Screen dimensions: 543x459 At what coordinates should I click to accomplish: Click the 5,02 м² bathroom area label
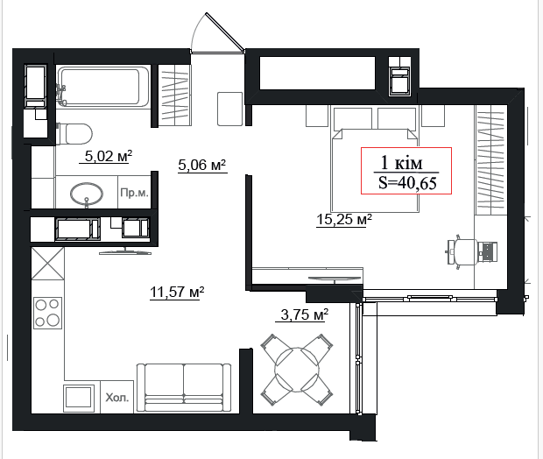coord(109,156)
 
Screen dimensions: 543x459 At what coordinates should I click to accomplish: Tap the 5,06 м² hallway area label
coord(202,165)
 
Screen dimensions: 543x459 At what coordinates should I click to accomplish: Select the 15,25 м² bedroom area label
coord(344,219)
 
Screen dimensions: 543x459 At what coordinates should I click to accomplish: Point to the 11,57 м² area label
coord(177,292)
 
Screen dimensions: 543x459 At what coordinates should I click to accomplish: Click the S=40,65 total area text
coord(407,182)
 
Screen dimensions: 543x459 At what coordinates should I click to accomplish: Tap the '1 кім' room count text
coord(401,162)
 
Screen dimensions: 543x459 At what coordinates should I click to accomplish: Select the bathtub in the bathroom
coord(103,87)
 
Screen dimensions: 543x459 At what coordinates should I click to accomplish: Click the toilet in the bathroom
coord(74,133)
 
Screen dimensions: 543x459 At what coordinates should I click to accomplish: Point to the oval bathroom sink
coord(87,194)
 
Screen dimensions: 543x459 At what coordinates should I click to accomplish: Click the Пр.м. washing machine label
coord(134,193)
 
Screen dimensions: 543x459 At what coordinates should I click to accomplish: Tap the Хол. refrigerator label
coord(117,398)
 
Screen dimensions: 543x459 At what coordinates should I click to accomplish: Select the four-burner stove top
coord(48,314)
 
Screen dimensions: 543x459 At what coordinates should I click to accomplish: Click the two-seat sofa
coord(184,388)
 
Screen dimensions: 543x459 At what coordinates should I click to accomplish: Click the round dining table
coord(297,370)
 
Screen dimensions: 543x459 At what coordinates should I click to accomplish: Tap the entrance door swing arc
coord(197,29)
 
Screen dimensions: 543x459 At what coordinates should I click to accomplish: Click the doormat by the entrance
coord(229,109)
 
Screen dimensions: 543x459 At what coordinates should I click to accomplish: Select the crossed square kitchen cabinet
coord(48,263)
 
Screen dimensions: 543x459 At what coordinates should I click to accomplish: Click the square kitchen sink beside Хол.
coord(79,398)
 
